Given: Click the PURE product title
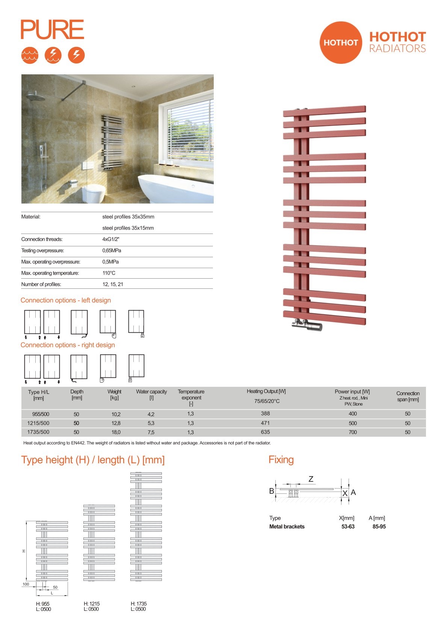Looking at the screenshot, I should pos(52,30).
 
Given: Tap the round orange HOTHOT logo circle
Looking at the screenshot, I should pos(340,42).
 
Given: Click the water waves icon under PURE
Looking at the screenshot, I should pos(30,55).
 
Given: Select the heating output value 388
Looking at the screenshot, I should pos(265,413).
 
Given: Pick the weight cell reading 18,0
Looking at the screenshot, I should pos(116,432).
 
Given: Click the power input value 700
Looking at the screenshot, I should pos(352,432).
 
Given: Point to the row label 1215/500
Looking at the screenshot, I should pos(38,423).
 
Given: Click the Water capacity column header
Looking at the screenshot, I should pos(151,394).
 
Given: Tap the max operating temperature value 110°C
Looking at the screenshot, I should pos(109,273).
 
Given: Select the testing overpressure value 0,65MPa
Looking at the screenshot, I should pos(112,250).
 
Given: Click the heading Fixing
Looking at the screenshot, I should pos(281,460).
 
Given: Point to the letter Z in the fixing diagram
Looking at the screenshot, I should pos(311,479).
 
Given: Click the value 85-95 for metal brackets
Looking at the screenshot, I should pos(379,526).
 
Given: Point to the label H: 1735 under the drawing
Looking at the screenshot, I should pos(139,603).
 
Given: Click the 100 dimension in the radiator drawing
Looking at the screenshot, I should pos(26,584).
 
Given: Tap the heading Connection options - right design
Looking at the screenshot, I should pos(68,345).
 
